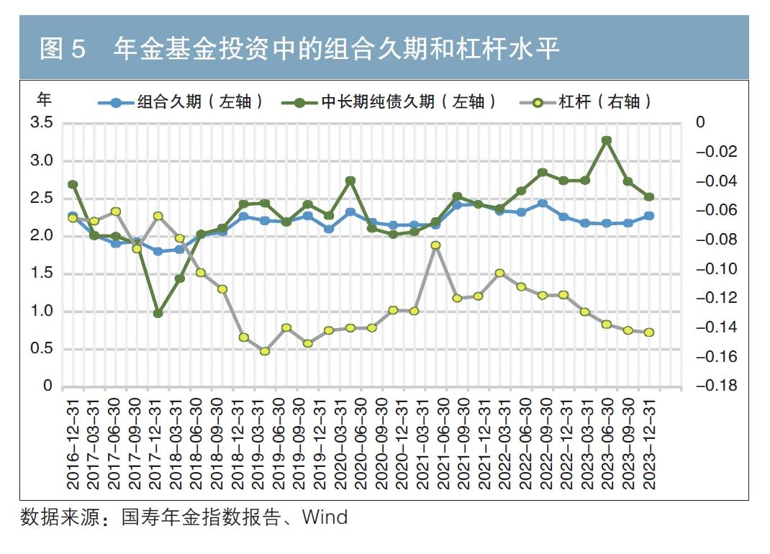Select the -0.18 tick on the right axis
(716, 386)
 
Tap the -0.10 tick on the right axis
(716, 269)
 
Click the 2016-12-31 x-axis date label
(73, 439)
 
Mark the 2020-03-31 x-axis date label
(350, 439)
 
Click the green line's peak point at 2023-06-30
(607, 140)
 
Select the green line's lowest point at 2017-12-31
(158, 313)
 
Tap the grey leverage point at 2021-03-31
(435, 245)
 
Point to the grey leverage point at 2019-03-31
(265, 351)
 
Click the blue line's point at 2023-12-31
(648, 216)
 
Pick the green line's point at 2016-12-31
(73, 184)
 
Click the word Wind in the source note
(325, 517)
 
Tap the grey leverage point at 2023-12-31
(648, 332)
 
